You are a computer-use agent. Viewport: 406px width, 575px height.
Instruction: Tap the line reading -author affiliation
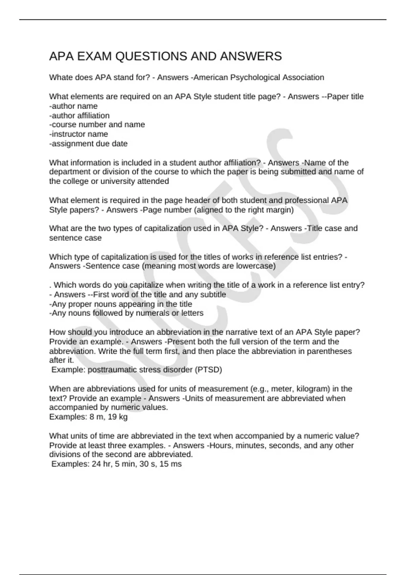coord(79,115)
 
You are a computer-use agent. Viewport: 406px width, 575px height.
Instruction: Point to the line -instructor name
coord(78,134)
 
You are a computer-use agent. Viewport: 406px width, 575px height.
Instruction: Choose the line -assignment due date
coord(88,143)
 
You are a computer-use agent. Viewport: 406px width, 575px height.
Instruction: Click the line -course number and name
coord(97,124)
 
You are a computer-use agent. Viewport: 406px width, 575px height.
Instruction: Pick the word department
coord(70,172)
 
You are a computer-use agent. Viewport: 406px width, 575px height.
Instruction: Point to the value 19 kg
coord(117,417)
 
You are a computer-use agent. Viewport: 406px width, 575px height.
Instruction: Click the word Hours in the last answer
coord(221,445)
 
